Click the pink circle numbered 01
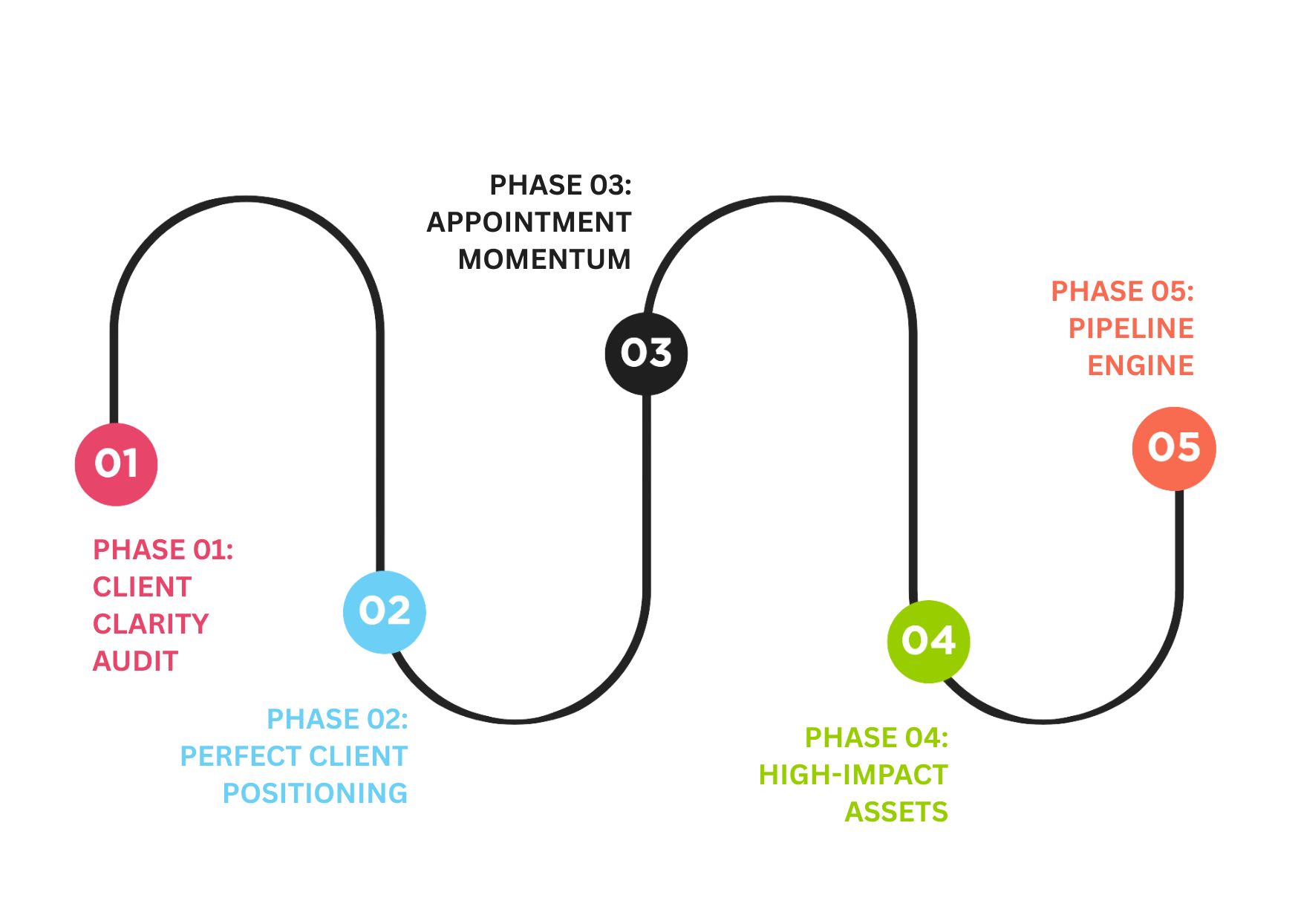pos(117,464)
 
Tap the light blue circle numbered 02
pos(385,611)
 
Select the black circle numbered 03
pos(646,353)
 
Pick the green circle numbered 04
pos(928,641)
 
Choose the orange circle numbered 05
pos(1174,448)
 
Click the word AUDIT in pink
pos(135,661)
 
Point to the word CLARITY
pos(151,624)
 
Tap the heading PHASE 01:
pos(163,550)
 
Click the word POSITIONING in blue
pos(315,793)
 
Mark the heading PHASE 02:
pos(337,719)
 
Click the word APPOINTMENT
pos(529,222)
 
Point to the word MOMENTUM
pos(544,259)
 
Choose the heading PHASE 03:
pos(560,185)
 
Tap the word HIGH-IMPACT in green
pos(852,775)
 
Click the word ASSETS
pos(896,812)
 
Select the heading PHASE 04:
pos(876,738)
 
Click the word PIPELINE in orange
pos(1131,328)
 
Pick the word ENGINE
pos(1141,365)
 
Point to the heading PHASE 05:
pos(1122,291)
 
